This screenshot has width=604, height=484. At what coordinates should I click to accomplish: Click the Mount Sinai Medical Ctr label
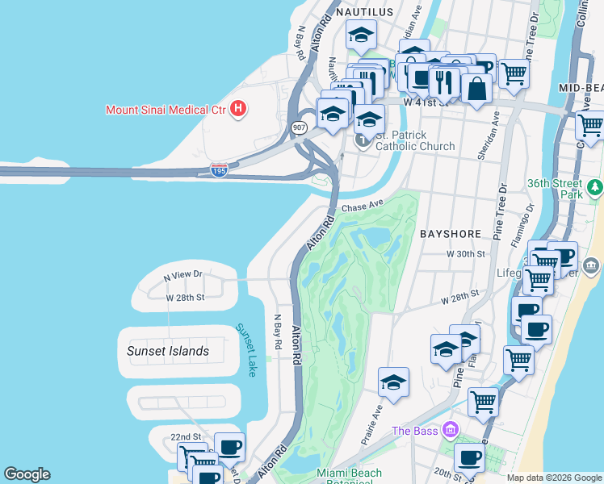tap(166, 109)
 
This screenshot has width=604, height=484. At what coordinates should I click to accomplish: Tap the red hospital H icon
tap(238, 108)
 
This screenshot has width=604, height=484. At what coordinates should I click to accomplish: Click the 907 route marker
tap(299, 127)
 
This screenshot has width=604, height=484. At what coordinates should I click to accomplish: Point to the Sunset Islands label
tap(168, 351)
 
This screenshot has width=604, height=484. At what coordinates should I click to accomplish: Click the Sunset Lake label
tap(245, 350)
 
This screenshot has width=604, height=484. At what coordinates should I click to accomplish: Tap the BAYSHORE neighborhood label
tap(451, 233)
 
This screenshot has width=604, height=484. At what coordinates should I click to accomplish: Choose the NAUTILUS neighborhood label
tap(364, 12)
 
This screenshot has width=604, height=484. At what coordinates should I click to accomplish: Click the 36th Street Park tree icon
tap(595, 187)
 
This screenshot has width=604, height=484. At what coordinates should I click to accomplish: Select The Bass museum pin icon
tap(450, 430)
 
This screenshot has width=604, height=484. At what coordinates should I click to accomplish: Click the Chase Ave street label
tap(361, 207)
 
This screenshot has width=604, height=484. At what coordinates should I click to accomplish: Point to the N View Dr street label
tap(182, 277)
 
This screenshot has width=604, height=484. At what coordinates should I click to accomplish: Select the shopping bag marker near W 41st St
tap(477, 89)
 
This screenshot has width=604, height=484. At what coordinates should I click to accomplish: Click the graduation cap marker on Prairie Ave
tap(393, 382)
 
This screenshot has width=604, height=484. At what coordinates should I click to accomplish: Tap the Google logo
tap(27, 474)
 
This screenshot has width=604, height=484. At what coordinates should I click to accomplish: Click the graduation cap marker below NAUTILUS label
tap(361, 35)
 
